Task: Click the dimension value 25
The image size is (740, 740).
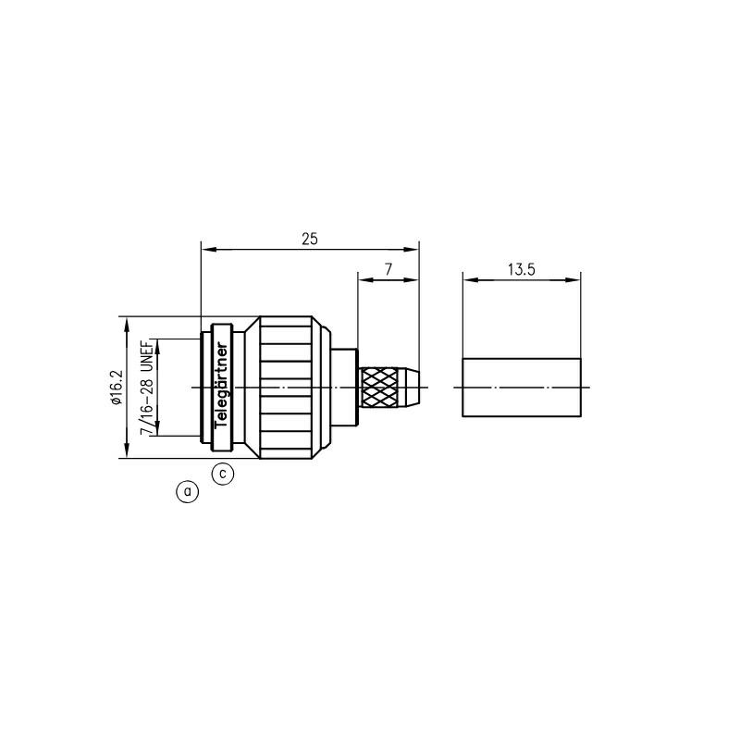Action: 310,239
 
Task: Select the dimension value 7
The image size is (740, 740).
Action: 388,269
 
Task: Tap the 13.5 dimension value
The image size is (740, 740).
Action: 522,269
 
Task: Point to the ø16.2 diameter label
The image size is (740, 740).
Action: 117,387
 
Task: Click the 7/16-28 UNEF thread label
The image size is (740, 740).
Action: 147,387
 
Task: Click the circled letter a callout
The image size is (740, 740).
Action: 188,492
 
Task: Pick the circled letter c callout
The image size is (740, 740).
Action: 223,474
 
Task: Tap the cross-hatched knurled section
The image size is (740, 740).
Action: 379,388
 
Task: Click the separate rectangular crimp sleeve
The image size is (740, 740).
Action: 522,388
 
